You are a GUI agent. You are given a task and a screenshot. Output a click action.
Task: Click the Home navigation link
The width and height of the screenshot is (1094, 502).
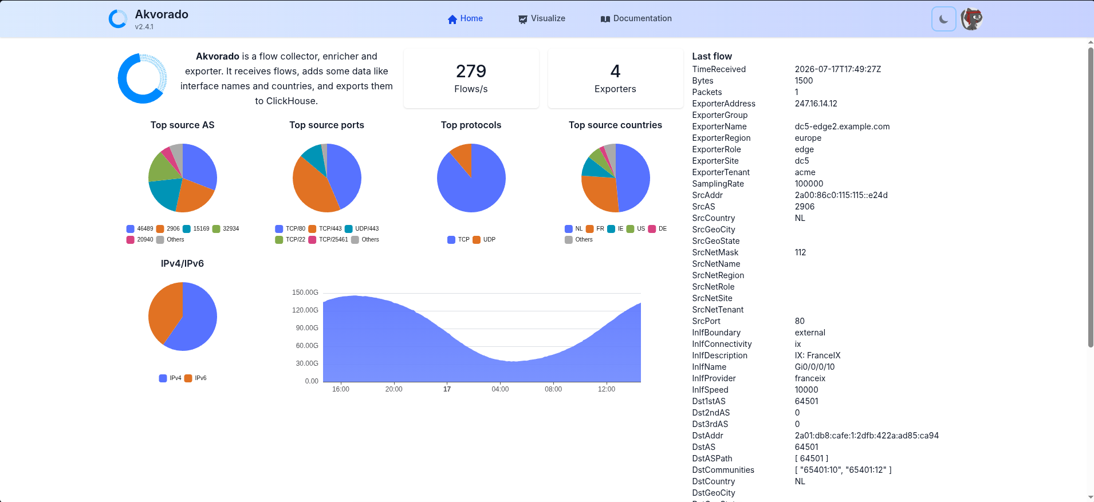pyautogui.click(x=465, y=19)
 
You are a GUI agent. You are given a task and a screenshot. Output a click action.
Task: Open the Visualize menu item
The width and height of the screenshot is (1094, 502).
pyautogui.click(x=542, y=19)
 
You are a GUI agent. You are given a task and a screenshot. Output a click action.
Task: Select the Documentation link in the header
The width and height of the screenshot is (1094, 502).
pyautogui.click(x=636, y=19)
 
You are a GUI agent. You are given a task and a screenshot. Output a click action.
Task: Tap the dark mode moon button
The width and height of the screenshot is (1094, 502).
pyautogui.click(x=943, y=19)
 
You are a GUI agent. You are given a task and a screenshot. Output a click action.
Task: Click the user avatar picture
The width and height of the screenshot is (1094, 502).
pyautogui.click(x=971, y=19)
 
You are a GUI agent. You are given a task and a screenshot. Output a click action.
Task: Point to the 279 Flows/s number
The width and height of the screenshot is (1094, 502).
pyautogui.click(x=471, y=71)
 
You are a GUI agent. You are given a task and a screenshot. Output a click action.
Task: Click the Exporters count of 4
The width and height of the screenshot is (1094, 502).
pyautogui.click(x=615, y=71)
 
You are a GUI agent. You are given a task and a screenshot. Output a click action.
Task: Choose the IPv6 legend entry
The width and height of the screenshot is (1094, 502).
pyautogui.click(x=195, y=378)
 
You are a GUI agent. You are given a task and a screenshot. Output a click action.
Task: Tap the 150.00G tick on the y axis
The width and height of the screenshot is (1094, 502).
pyautogui.click(x=305, y=292)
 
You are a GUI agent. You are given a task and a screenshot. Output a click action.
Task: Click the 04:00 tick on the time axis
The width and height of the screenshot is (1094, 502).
pyautogui.click(x=500, y=389)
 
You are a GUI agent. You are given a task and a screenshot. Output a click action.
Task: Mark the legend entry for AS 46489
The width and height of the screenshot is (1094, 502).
pyautogui.click(x=140, y=229)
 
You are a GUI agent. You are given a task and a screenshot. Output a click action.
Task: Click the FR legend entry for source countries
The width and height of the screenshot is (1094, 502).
pyautogui.click(x=595, y=229)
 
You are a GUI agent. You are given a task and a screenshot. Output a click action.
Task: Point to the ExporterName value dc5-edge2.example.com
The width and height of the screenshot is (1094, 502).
pyautogui.click(x=842, y=127)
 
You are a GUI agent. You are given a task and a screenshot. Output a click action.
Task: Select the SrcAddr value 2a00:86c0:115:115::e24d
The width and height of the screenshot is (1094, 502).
pyautogui.click(x=841, y=195)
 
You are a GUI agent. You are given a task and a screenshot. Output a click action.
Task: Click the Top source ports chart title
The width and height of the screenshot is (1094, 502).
pyautogui.click(x=326, y=125)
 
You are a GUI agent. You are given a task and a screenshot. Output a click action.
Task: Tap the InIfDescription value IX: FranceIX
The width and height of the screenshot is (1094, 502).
pyautogui.click(x=817, y=355)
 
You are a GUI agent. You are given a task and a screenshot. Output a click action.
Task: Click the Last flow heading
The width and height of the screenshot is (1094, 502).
pyautogui.click(x=712, y=56)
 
